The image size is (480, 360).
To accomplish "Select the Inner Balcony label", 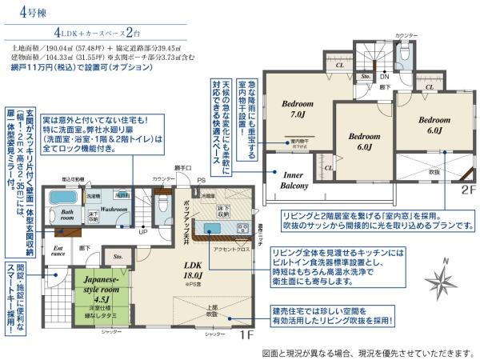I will (x=294, y=180).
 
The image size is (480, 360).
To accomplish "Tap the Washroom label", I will (x=114, y=210).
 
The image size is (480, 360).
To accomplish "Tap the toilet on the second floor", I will (x=406, y=54).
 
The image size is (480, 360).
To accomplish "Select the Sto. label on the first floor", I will (x=119, y=257).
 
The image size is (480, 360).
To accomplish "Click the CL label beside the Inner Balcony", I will (x=329, y=167).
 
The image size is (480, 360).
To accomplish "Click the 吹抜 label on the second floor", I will (x=433, y=172).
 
